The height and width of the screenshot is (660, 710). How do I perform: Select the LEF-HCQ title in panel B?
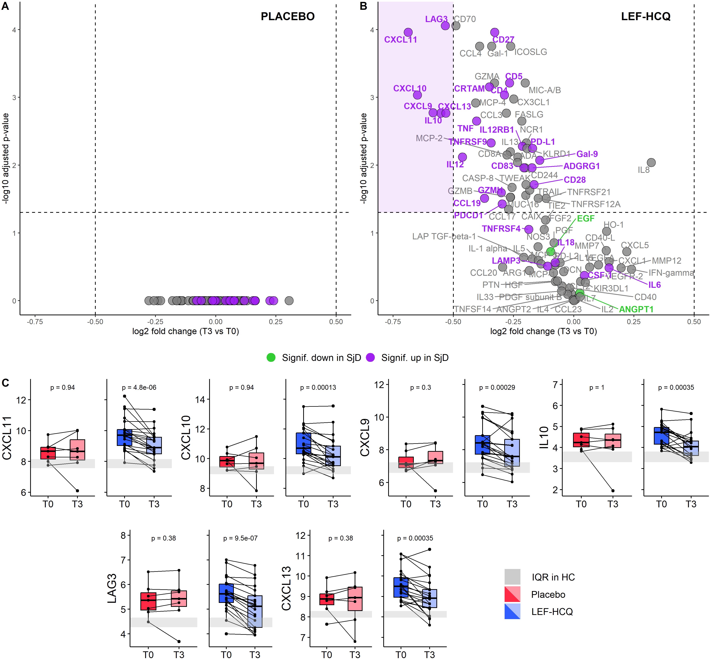(x=646, y=16)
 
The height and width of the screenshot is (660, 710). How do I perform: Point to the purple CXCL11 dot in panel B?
(x=408, y=32)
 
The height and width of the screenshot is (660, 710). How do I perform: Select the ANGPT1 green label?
(x=636, y=309)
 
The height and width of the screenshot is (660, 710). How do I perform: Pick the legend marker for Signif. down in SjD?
(x=271, y=358)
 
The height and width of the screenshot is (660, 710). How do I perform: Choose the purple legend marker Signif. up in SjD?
(x=370, y=358)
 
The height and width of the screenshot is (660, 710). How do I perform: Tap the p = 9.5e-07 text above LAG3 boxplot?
(x=240, y=538)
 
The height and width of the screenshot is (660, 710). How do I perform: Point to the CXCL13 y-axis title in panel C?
(x=286, y=588)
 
